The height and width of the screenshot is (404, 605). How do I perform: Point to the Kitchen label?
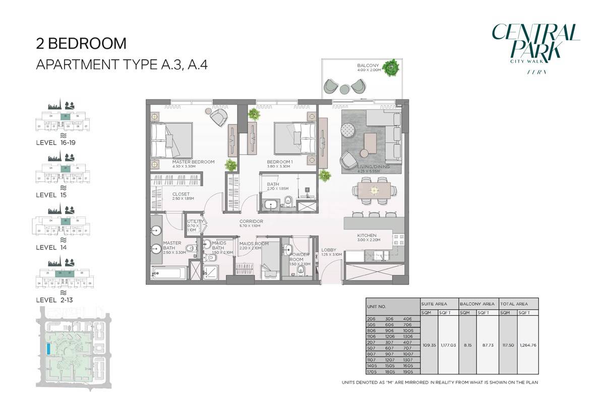point(367,235)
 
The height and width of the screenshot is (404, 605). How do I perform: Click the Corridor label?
point(251,221)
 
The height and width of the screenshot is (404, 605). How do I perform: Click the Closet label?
point(181,194)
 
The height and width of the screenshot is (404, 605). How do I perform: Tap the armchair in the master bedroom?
point(219,118)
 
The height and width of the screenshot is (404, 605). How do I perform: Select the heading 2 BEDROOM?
point(81,43)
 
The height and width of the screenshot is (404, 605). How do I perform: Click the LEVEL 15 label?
point(51,194)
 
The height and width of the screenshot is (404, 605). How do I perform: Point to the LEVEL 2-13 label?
point(54,300)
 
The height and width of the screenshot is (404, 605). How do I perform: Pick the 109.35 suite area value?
point(429,345)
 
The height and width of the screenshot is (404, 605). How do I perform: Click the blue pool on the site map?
point(48,349)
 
